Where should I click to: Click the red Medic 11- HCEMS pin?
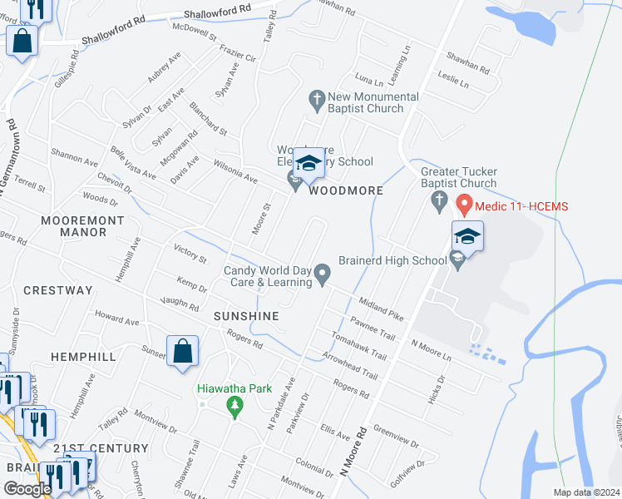(465, 203)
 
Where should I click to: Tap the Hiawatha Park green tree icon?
(235, 405)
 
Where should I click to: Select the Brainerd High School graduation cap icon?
(467, 237)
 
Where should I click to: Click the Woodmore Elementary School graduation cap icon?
(309, 163)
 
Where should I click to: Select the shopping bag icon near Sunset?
(182, 352)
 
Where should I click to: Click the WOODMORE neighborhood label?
(346, 190)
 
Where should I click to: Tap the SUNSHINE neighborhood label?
(245, 317)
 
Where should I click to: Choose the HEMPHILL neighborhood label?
(83, 356)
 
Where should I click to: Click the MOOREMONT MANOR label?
(83, 226)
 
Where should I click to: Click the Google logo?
(27, 489)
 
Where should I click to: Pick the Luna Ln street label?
(368, 82)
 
